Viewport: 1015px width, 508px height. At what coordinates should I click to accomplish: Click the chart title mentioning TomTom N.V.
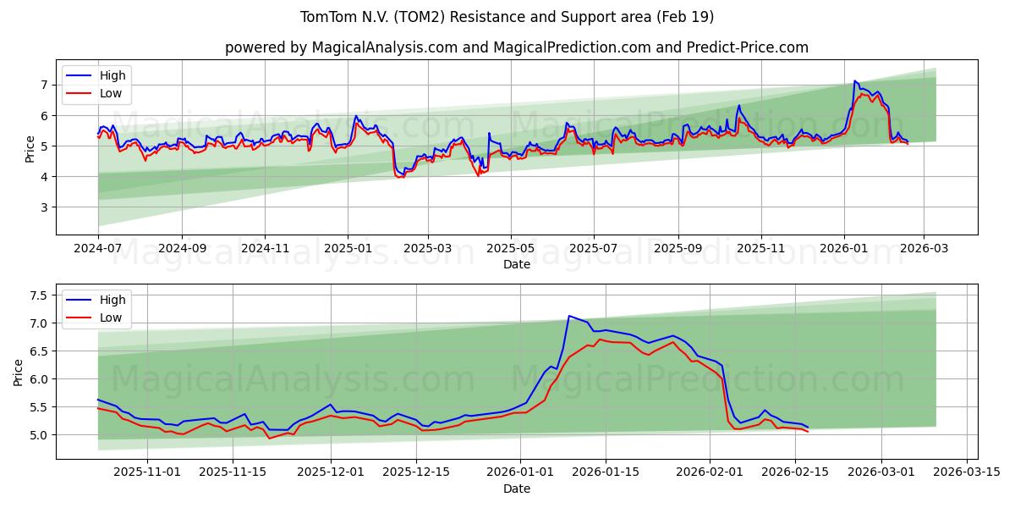coord(507,17)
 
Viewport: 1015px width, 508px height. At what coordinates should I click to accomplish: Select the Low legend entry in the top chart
coord(110,93)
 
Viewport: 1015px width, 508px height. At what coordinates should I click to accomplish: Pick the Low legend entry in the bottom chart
coord(110,317)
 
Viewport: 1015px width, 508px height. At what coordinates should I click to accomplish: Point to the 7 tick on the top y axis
coord(45,85)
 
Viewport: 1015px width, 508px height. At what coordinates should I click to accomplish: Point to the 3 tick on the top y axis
coord(45,207)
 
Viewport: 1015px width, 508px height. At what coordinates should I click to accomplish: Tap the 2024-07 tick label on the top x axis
coord(98,249)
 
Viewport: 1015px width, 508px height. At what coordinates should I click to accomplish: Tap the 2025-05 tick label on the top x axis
coord(511,249)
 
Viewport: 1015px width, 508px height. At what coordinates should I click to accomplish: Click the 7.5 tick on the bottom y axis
coord(38,295)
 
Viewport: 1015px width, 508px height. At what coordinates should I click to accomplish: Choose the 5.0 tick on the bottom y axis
coord(38,435)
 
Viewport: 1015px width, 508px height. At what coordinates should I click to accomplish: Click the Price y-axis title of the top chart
coord(30,149)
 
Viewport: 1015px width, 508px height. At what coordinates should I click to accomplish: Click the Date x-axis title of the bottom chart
coord(516,489)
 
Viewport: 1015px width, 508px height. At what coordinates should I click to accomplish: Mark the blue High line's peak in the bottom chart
coord(569,316)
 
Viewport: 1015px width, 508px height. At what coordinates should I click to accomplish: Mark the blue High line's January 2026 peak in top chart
coord(854,80)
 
